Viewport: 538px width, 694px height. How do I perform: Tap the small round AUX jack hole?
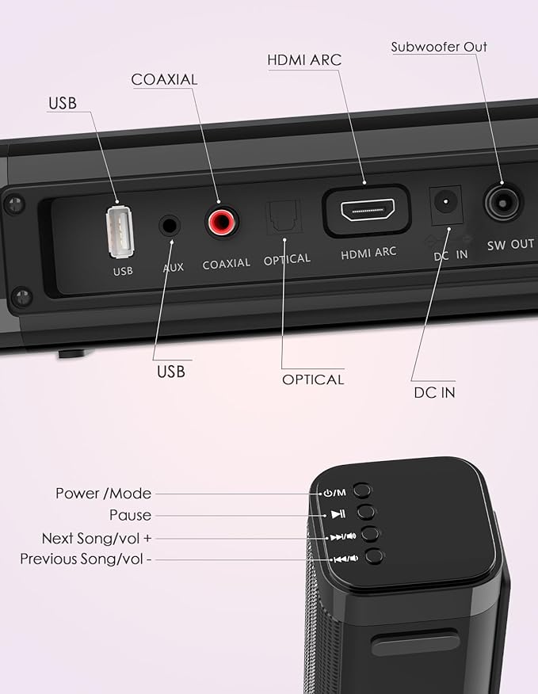[169, 226]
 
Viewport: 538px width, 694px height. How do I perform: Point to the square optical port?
[280, 218]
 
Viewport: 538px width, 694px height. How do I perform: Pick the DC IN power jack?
[445, 203]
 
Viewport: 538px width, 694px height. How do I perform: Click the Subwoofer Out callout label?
[439, 47]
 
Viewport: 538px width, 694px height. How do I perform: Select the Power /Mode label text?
[103, 493]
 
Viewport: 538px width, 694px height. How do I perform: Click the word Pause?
[131, 515]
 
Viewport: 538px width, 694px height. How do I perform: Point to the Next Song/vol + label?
[97, 538]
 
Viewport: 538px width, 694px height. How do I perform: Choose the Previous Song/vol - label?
[86, 559]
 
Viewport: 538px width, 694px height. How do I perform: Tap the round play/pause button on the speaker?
[366, 512]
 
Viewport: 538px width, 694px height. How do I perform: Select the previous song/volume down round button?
[375, 556]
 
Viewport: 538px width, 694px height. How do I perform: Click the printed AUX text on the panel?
[173, 267]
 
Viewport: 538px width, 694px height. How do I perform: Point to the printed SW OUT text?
[510, 244]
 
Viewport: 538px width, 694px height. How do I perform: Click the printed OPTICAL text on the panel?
[287, 259]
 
